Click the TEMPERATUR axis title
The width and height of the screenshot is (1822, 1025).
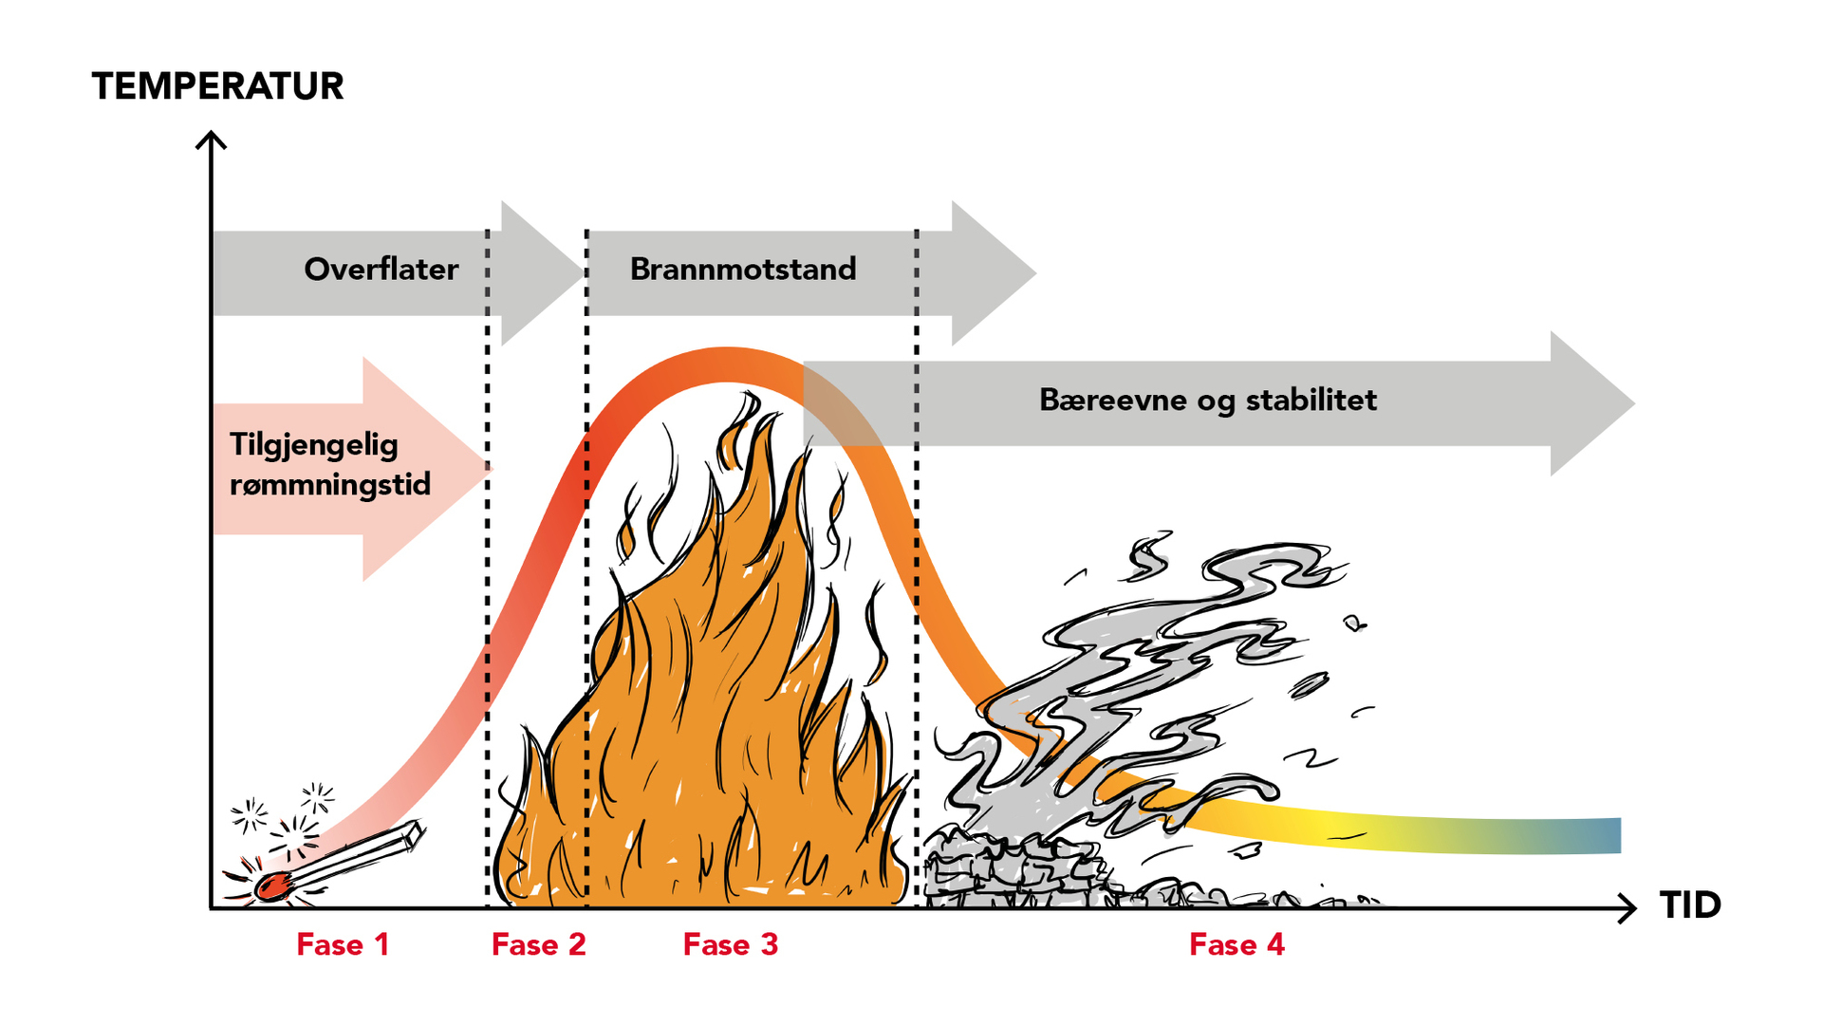point(217,86)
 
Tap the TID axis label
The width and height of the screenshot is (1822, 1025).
point(1690,905)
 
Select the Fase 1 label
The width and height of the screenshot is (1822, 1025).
point(343,945)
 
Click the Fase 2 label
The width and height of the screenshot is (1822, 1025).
point(538,945)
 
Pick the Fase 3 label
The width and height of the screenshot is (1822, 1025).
point(730,945)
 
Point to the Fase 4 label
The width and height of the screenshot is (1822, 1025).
point(1236,945)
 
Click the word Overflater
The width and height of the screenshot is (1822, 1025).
point(381,270)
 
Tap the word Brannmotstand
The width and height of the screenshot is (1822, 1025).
point(743,270)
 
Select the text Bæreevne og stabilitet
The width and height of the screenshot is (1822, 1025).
point(1207,401)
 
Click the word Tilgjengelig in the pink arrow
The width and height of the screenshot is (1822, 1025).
point(313,445)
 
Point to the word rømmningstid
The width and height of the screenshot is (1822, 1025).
point(329,485)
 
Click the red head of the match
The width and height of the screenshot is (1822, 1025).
point(272,886)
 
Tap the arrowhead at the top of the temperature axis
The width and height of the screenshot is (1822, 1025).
point(211,139)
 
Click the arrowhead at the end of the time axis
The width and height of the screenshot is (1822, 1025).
point(1629,908)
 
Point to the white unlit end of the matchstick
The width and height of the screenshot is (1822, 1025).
point(412,832)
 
